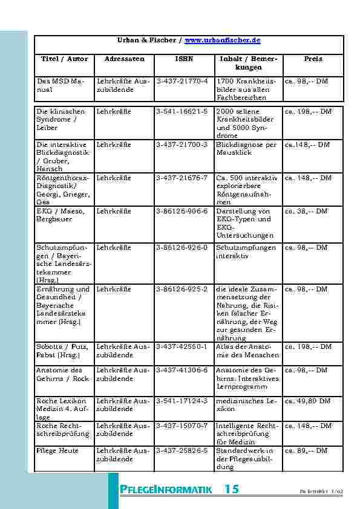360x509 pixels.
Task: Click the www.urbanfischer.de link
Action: pos(222,40)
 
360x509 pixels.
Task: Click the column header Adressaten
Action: pos(124,59)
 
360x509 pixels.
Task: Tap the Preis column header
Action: pos(313,59)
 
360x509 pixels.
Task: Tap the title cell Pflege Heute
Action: pos(57,450)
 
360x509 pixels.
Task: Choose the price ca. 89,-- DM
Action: pos(307,450)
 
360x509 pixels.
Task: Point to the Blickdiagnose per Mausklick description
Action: pos(246,149)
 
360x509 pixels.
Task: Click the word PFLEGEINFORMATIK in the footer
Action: pos(166,490)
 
